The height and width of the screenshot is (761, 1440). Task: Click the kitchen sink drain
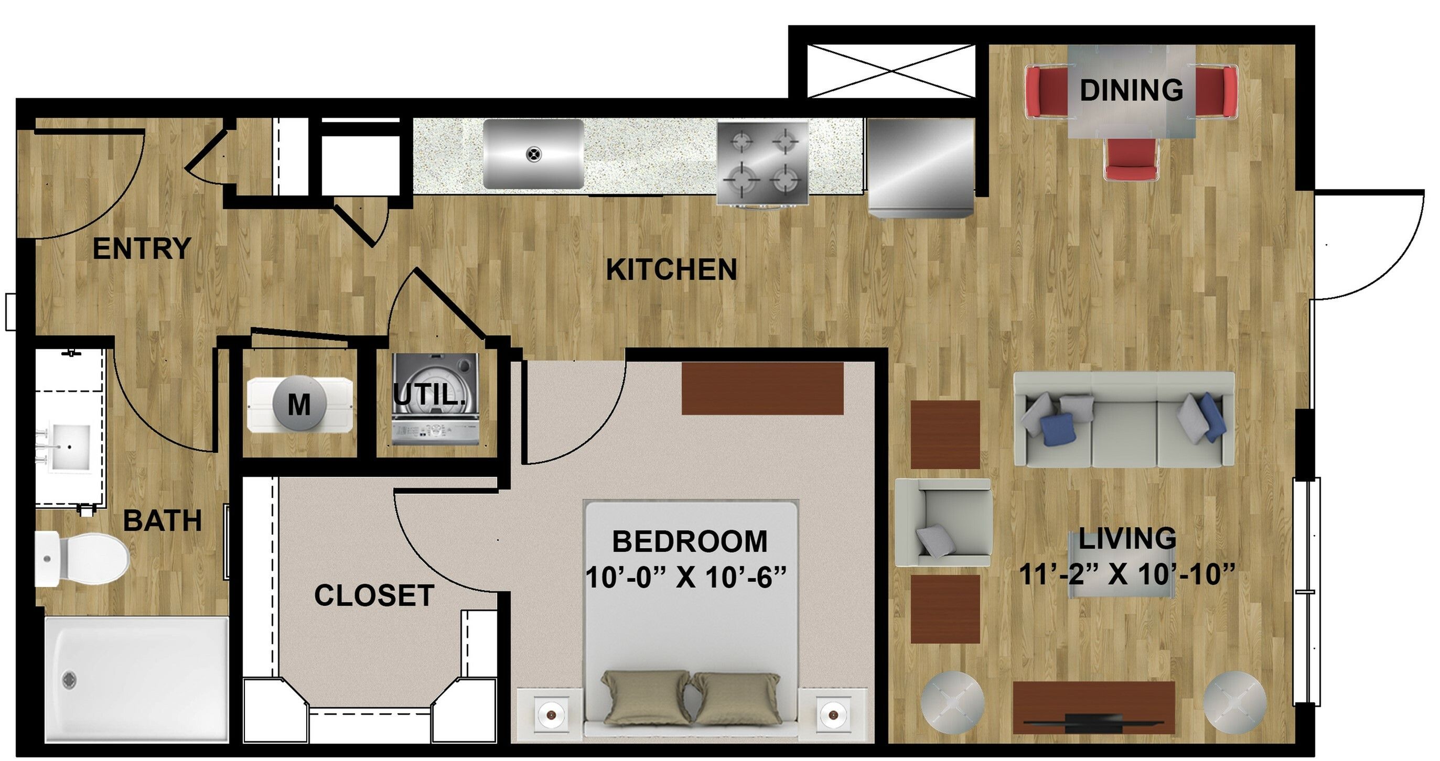[x=534, y=154]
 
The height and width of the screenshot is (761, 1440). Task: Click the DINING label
[x=1131, y=91]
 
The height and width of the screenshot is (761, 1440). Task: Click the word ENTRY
[x=142, y=248]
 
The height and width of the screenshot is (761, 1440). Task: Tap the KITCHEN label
[x=671, y=270]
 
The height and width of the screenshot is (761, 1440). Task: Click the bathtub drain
[x=69, y=680]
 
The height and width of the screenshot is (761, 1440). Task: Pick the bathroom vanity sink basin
[x=71, y=447]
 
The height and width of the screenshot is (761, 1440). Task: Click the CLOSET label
[x=374, y=595]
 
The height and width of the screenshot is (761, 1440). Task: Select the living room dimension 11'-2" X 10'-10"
[x=1127, y=574]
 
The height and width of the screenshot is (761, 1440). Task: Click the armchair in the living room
[x=943, y=523]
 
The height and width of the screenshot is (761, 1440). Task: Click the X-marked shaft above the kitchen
[x=891, y=71]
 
